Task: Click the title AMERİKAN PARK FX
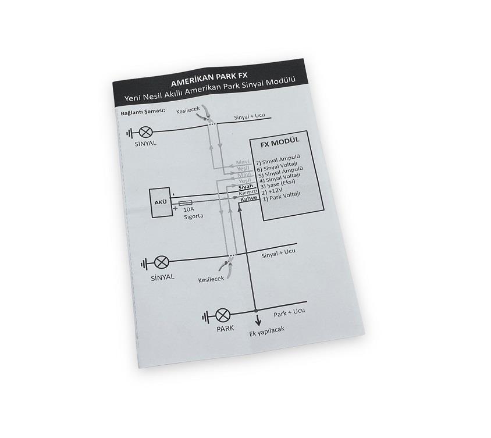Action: pos(209,79)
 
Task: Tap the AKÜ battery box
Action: pos(161,202)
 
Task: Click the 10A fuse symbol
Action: pos(186,203)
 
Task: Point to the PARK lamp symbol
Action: pos(223,315)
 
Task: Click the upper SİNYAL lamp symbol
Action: pos(145,133)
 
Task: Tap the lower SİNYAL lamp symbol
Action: pos(162,263)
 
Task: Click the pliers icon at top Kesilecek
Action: pos(204,115)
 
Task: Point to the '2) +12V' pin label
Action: pos(272,190)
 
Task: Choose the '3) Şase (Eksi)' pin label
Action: pos(277,184)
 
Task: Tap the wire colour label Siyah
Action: pos(245,187)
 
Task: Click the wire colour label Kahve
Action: pos(248,198)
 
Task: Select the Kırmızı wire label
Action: pos(248,193)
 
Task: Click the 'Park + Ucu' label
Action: pos(289,313)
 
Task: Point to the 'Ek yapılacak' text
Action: pos(267,332)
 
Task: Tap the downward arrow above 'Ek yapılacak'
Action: pos(258,320)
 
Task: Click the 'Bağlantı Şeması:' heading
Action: pos(143,112)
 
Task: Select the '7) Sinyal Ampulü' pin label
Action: pos(277,159)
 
